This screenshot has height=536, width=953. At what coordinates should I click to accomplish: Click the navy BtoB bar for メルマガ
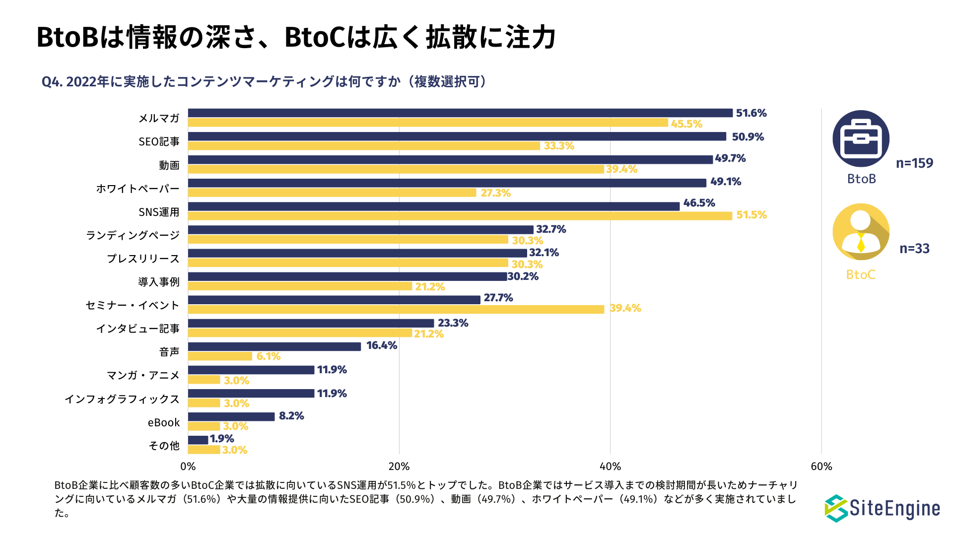coord(460,113)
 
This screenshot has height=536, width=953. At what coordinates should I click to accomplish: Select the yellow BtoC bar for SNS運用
coord(460,216)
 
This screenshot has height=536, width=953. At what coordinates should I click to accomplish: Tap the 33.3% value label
coord(559,146)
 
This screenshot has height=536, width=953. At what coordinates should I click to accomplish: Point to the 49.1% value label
coord(725,182)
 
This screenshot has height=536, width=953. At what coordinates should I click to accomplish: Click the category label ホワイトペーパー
coord(137,189)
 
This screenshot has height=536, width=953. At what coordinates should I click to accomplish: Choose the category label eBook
coord(164,422)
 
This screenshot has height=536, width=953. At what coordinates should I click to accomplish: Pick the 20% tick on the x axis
coord(399,467)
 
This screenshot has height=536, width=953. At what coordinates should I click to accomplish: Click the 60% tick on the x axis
coord(821,467)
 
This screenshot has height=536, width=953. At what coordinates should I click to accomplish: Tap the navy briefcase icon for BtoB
coord(861,138)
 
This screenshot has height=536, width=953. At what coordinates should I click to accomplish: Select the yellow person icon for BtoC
coord(861,232)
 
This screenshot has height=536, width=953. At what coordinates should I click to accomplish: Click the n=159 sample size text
coord(914,163)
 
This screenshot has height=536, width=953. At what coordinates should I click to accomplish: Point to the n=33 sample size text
coord(914,249)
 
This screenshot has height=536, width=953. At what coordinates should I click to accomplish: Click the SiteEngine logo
coord(883,508)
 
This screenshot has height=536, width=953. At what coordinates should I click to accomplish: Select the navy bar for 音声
coord(274,346)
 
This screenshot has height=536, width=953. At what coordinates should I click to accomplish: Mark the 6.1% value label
coord(269,356)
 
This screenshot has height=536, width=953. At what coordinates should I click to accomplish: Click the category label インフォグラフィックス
coord(122,399)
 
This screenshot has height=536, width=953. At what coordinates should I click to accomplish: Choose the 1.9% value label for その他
coord(222,439)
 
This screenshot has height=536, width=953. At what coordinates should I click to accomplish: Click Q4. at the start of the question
coord(52,82)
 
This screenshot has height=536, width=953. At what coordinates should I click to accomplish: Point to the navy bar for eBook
coord(231,416)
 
